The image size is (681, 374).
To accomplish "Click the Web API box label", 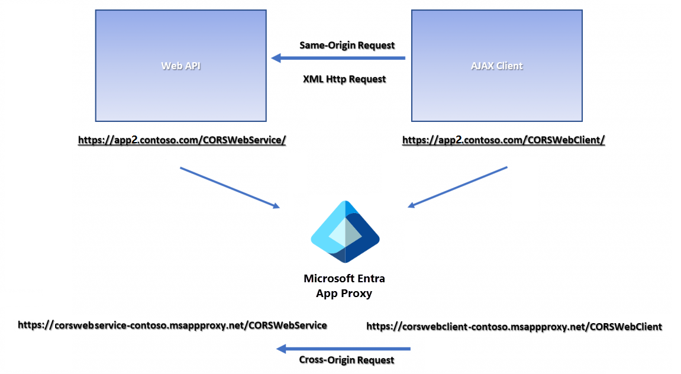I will pyautogui.click(x=181, y=66).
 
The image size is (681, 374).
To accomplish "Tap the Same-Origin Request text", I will pyautogui.click(x=347, y=45).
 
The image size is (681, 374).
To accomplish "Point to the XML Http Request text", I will pyautogui.click(x=344, y=79).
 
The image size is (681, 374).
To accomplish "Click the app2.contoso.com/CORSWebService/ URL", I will pyautogui.click(x=182, y=140).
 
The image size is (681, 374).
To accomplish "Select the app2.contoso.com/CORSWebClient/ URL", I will pyautogui.click(x=504, y=140).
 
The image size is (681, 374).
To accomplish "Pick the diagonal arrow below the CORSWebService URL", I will pyautogui.click(x=230, y=188).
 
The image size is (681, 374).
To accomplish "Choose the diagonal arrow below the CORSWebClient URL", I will pyautogui.click(x=457, y=187).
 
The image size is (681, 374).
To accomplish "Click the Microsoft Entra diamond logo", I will pyautogui.click(x=345, y=232).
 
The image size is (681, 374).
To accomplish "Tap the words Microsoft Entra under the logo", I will pyautogui.click(x=344, y=278).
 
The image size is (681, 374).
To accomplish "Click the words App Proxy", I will pyautogui.click(x=344, y=293).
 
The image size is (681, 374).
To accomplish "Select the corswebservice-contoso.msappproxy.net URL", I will pyautogui.click(x=172, y=325).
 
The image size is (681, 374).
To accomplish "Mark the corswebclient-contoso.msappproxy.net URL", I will pyautogui.click(x=514, y=326).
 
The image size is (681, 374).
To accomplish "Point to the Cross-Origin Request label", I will pyautogui.click(x=346, y=360).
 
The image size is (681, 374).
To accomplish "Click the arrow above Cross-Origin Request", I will pyautogui.click(x=343, y=349).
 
